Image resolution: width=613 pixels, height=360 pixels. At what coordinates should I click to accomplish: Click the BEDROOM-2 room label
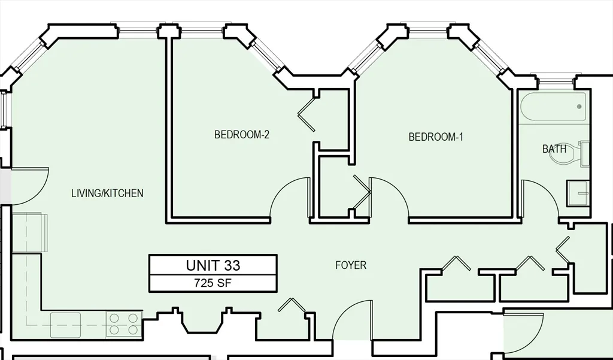241,135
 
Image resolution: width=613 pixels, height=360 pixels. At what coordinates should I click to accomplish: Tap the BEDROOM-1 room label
436,137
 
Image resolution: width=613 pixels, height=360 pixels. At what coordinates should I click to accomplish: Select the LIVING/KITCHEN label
107,193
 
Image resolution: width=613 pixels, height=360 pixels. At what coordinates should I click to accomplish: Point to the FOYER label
350,265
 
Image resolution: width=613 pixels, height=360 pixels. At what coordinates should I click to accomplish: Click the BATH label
554,149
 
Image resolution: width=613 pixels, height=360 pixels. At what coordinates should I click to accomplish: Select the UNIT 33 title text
213,265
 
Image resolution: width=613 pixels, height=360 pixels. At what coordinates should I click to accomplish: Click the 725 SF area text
213,283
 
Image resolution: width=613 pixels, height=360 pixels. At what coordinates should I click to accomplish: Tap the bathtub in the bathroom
553,108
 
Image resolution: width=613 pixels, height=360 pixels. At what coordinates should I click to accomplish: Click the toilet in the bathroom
580,153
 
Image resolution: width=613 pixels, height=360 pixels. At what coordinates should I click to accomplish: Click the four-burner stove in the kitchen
124,324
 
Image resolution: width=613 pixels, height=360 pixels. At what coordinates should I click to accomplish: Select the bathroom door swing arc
541,198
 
